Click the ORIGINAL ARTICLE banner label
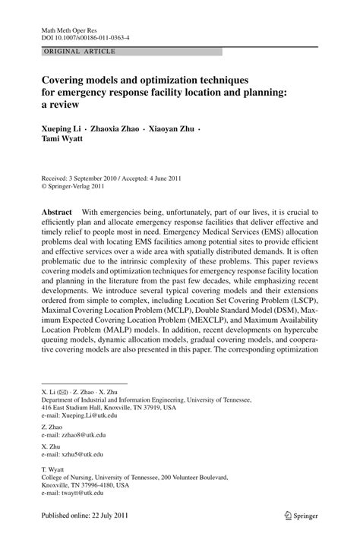point(71,51)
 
